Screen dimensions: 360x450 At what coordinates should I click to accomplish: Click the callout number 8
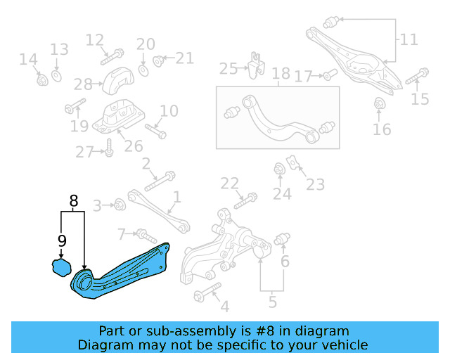(73, 202)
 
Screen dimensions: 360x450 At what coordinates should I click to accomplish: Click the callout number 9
(62, 241)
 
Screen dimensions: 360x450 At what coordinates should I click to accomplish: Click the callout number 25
(229, 68)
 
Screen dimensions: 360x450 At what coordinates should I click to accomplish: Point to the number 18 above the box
(281, 74)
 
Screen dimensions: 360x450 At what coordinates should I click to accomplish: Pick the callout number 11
(409, 39)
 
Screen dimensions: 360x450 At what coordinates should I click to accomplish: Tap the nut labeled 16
(380, 105)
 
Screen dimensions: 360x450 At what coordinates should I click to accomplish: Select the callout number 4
(224, 307)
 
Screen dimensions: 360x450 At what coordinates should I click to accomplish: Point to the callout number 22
(230, 184)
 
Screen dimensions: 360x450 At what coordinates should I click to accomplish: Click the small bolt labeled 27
(109, 148)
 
